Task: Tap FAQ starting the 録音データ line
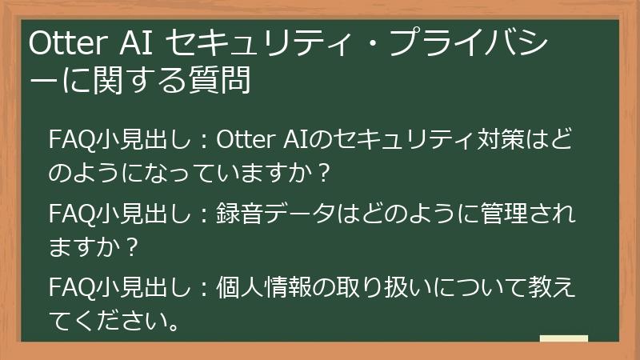[x=71, y=217]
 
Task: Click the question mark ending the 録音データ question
[x=134, y=249]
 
